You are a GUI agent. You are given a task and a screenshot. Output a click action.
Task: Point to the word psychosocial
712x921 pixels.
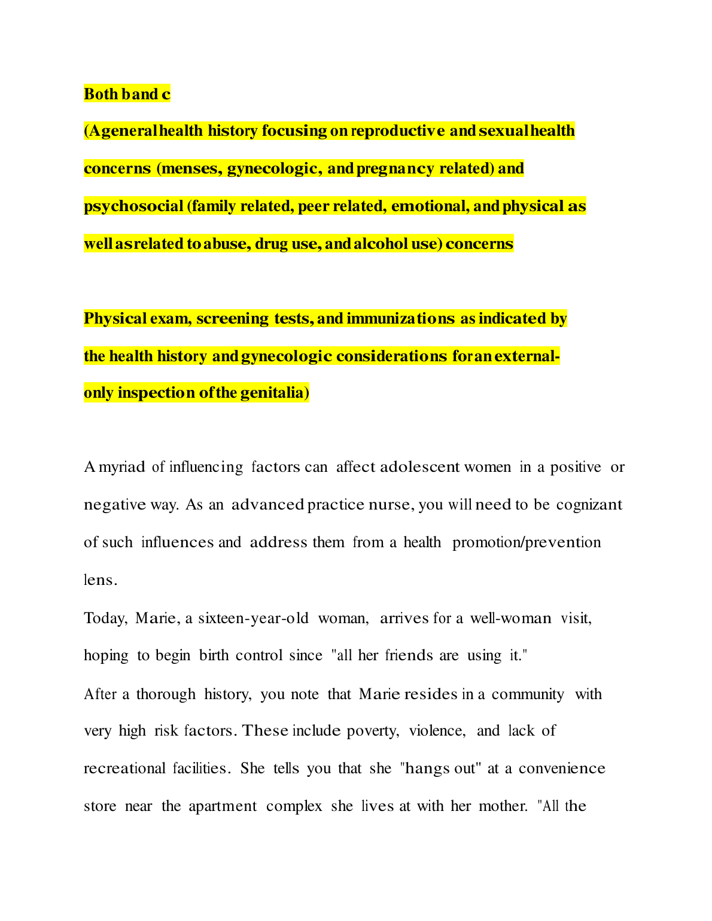133,206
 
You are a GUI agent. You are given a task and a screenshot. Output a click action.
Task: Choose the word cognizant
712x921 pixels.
589,505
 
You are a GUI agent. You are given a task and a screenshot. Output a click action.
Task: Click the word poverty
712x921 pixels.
373,731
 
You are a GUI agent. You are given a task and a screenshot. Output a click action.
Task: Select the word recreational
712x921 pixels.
124,768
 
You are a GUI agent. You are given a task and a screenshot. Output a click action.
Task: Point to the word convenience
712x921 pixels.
562,768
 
